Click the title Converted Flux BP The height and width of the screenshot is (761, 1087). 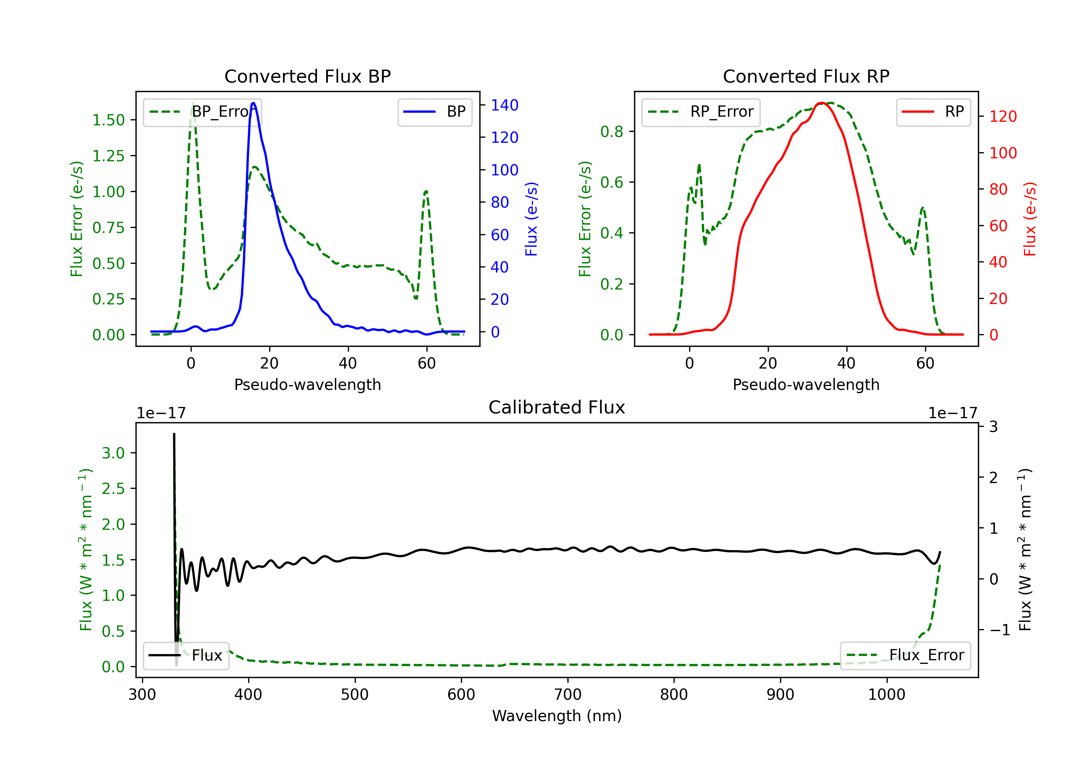(x=307, y=76)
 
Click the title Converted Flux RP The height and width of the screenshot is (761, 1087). (x=806, y=76)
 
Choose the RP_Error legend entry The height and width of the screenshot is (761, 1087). (x=701, y=112)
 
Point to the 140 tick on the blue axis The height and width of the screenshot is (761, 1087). (x=504, y=105)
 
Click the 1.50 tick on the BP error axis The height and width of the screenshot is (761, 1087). (x=108, y=120)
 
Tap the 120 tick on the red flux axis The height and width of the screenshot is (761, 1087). (x=1003, y=116)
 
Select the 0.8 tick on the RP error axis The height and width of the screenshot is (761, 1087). (x=612, y=132)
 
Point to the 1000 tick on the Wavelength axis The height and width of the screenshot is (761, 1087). (x=886, y=694)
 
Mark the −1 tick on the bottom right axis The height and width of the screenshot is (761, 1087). (x=999, y=630)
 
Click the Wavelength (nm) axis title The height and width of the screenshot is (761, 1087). (x=557, y=716)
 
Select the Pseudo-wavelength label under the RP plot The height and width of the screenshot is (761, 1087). (x=806, y=384)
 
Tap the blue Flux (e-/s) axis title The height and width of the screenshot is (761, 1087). (x=531, y=219)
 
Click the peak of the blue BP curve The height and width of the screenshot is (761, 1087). (x=254, y=103)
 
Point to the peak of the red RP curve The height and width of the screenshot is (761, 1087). (x=821, y=103)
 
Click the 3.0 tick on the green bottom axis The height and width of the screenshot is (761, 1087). (x=113, y=453)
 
